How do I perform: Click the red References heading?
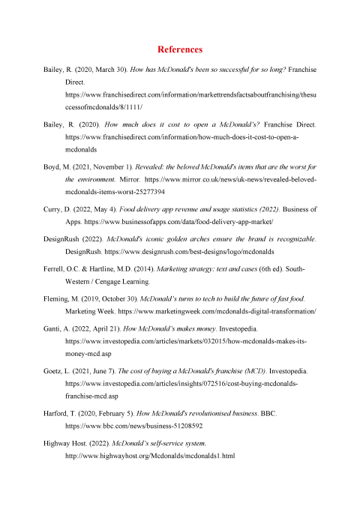[x=180, y=49]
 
